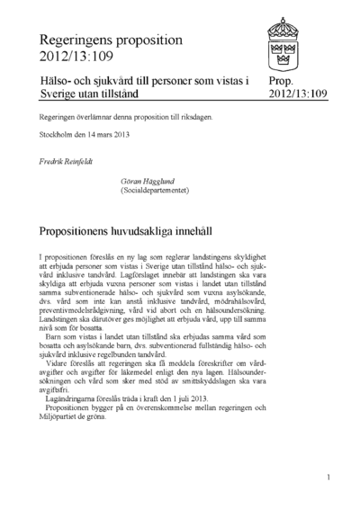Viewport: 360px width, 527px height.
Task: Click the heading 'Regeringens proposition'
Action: click(x=112, y=40)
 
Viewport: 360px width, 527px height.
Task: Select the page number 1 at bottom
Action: click(x=329, y=477)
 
